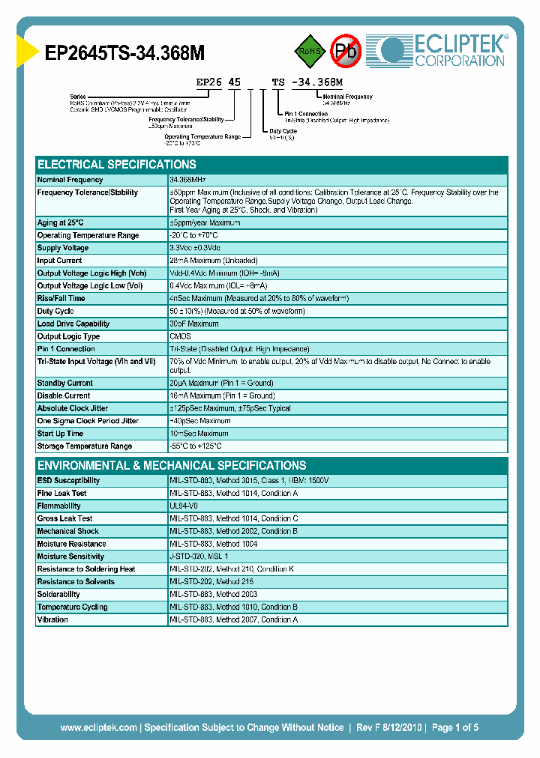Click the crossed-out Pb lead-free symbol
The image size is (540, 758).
[x=346, y=51]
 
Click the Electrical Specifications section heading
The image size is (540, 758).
[x=117, y=165]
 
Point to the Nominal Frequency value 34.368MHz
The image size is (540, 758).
[x=188, y=181]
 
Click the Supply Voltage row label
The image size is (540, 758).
[x=63, y=248]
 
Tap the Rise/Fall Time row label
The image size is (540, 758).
[x=61, y=299]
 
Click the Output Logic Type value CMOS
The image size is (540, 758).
[x=181, y=337]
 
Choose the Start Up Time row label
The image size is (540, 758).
[x=61, y=434]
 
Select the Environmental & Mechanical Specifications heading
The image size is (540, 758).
[x=172, y=465]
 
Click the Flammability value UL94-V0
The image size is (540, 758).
[x=184, y=506]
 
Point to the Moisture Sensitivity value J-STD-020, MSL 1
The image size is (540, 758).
[x=199, y=557]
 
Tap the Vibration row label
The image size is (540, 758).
[x=53, y=620]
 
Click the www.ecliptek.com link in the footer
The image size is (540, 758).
[x=98, y=727]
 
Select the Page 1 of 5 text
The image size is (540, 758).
[x=455, y=727]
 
